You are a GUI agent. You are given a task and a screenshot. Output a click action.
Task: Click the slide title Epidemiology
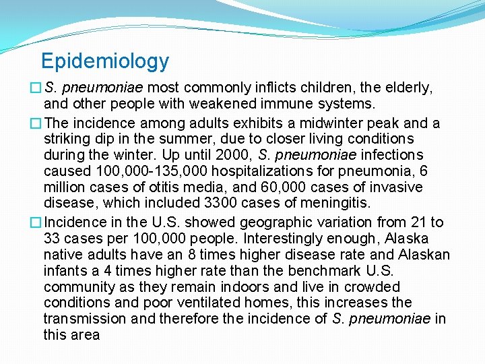104,61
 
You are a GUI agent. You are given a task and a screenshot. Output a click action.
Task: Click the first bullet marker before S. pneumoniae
35,88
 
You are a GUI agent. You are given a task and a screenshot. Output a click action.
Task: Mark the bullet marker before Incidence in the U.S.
35,222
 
